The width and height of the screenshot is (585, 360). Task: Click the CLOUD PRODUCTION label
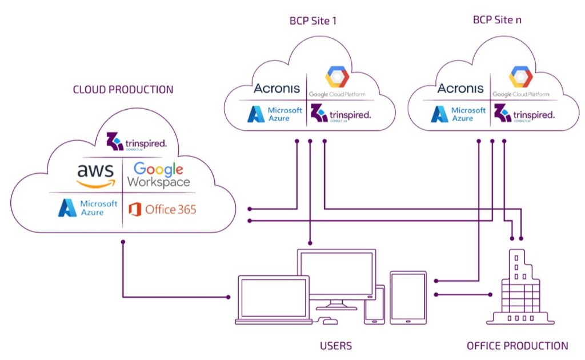tap(123, 90)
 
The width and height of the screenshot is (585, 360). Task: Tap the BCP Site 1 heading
tap(312, 21)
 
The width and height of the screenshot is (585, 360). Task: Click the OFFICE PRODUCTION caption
tap(517, 346)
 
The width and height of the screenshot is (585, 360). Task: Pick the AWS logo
tap(96, 175)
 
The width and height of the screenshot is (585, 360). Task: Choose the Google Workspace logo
tap(159, 175)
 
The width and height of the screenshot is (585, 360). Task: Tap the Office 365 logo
tap(162, 209)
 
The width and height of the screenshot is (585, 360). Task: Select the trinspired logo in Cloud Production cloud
tap(137, 141)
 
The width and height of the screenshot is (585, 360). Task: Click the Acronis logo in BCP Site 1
tap(277, 89)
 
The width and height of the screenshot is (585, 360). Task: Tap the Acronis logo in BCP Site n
tap(460, 89)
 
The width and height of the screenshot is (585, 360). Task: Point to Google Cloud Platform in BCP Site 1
tap(336, 83)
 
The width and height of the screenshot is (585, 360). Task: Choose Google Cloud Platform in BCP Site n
tap(520, 83)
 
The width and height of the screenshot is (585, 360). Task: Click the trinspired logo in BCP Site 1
tap(340, 114)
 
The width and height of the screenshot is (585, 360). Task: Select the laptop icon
tap(273, 299)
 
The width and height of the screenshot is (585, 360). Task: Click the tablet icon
tap(408, 297)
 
